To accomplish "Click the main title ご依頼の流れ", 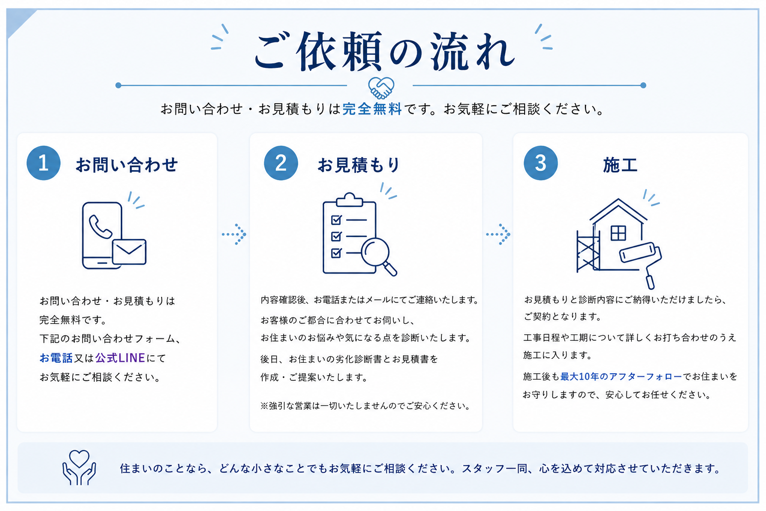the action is [x=384, y=51].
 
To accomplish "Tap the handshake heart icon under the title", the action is [x=381, y=88].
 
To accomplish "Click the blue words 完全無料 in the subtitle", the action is [x=372, y=109].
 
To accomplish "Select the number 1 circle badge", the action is [x=43, y=163].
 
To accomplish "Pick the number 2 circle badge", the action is [x=281, y=163].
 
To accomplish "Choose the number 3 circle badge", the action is [x=541, y=163].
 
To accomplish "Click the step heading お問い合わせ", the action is [x=127, y=165].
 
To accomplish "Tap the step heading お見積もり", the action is [x=359, y=165].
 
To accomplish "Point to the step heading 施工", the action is [x=620, y=165].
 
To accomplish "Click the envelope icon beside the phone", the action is [x=129, y=252].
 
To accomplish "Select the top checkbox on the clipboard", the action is [x=337, y=220].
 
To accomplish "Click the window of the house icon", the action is [x=618, y=233].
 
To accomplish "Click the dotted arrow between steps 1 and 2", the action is [x=234, y=235].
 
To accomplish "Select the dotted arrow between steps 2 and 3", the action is [x=498, y=235].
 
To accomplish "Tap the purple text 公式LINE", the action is [x=120, y=358].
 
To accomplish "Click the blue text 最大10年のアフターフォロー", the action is [x=621, y=376].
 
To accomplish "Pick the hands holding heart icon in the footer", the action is [x=79, y=468].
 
